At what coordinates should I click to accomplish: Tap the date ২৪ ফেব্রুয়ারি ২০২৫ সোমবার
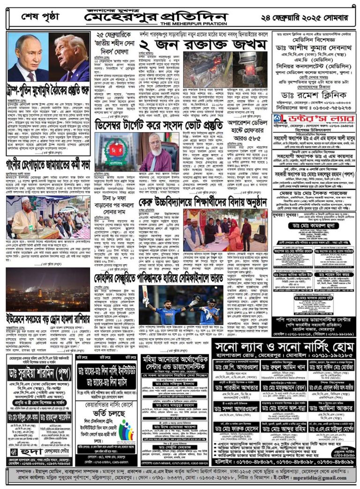click(x=309, y=17)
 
